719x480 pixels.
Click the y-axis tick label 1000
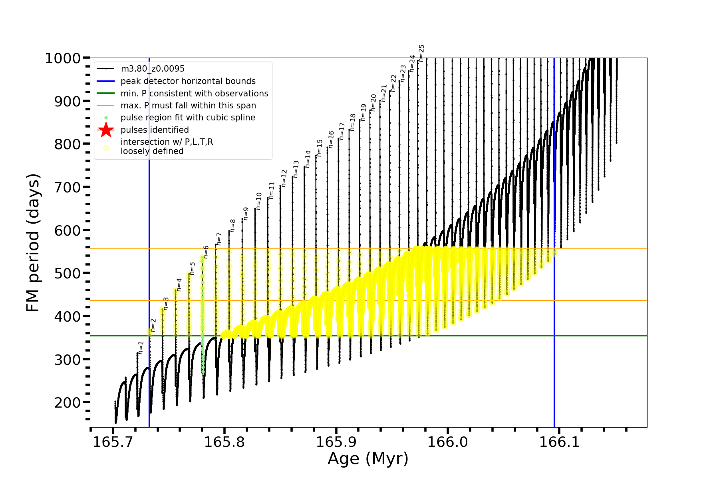pyautogui.click(x=63, y=59)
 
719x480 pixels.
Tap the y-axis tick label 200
pyautogui.click(x=67, y=403)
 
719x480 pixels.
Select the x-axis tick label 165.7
pyautogui.click(x=113, y=442)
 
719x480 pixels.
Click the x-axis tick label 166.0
pyautogui.click(x=447, y=442)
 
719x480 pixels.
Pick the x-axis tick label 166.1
pyautogui.click(x=559, y=442)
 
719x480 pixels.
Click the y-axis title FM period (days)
pyautogui.click(x=33, y=243)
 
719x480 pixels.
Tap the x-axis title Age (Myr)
pyautogui.click(x=368, y=459)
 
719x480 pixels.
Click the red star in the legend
pyautogui.click(x=106, y=130)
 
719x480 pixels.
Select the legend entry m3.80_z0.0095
pyautogui.click(x=153, y=69)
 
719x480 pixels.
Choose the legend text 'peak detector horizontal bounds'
pyautogui.click(x=188, y=81)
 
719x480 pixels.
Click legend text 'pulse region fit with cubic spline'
pyautogui.click(x=188, y=118)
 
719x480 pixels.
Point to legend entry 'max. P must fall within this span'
pyautogui.click(x=188, y=106)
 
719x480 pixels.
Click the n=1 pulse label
pyautogui.click(x=141, y=348)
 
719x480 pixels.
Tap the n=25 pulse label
pyautogui.click(x=421, y=53)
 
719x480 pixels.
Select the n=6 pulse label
pyautogui.click(x=206, y=252)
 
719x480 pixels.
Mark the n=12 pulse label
pyautogui.click(x=284, y=178)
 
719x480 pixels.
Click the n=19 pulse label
pyautogui.click(x=363, y=112)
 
